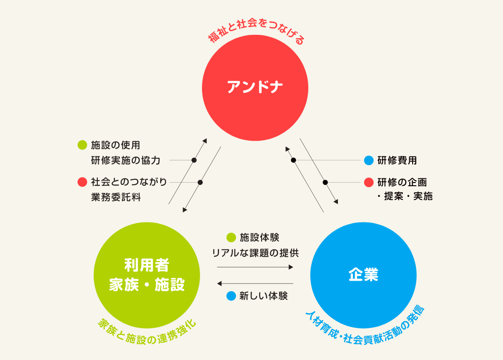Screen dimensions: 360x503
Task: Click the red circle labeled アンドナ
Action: tap(255, 87)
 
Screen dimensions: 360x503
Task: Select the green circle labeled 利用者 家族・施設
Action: tap(147, 275)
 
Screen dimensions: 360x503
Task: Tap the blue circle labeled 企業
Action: tap(363, 275)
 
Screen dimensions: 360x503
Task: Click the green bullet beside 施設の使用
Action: tap(83, 145)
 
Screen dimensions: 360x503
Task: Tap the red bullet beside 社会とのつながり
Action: tap(83, 182)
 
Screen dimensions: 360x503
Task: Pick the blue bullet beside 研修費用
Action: tap(369, 161)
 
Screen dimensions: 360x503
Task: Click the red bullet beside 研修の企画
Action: tap(369, 182)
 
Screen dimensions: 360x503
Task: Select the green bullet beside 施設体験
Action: tap(231, 238)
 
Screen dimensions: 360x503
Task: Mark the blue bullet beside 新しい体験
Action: tap(231, 296)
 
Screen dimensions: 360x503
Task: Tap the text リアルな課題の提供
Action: tap(255, 253)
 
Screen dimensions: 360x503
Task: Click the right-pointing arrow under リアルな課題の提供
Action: tap(255, 267)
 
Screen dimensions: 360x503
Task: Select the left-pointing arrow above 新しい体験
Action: tap(255, 283)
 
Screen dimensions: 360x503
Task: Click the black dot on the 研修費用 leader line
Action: tap(293, 160)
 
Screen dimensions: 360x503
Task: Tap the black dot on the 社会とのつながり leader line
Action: tap(200, 183)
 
